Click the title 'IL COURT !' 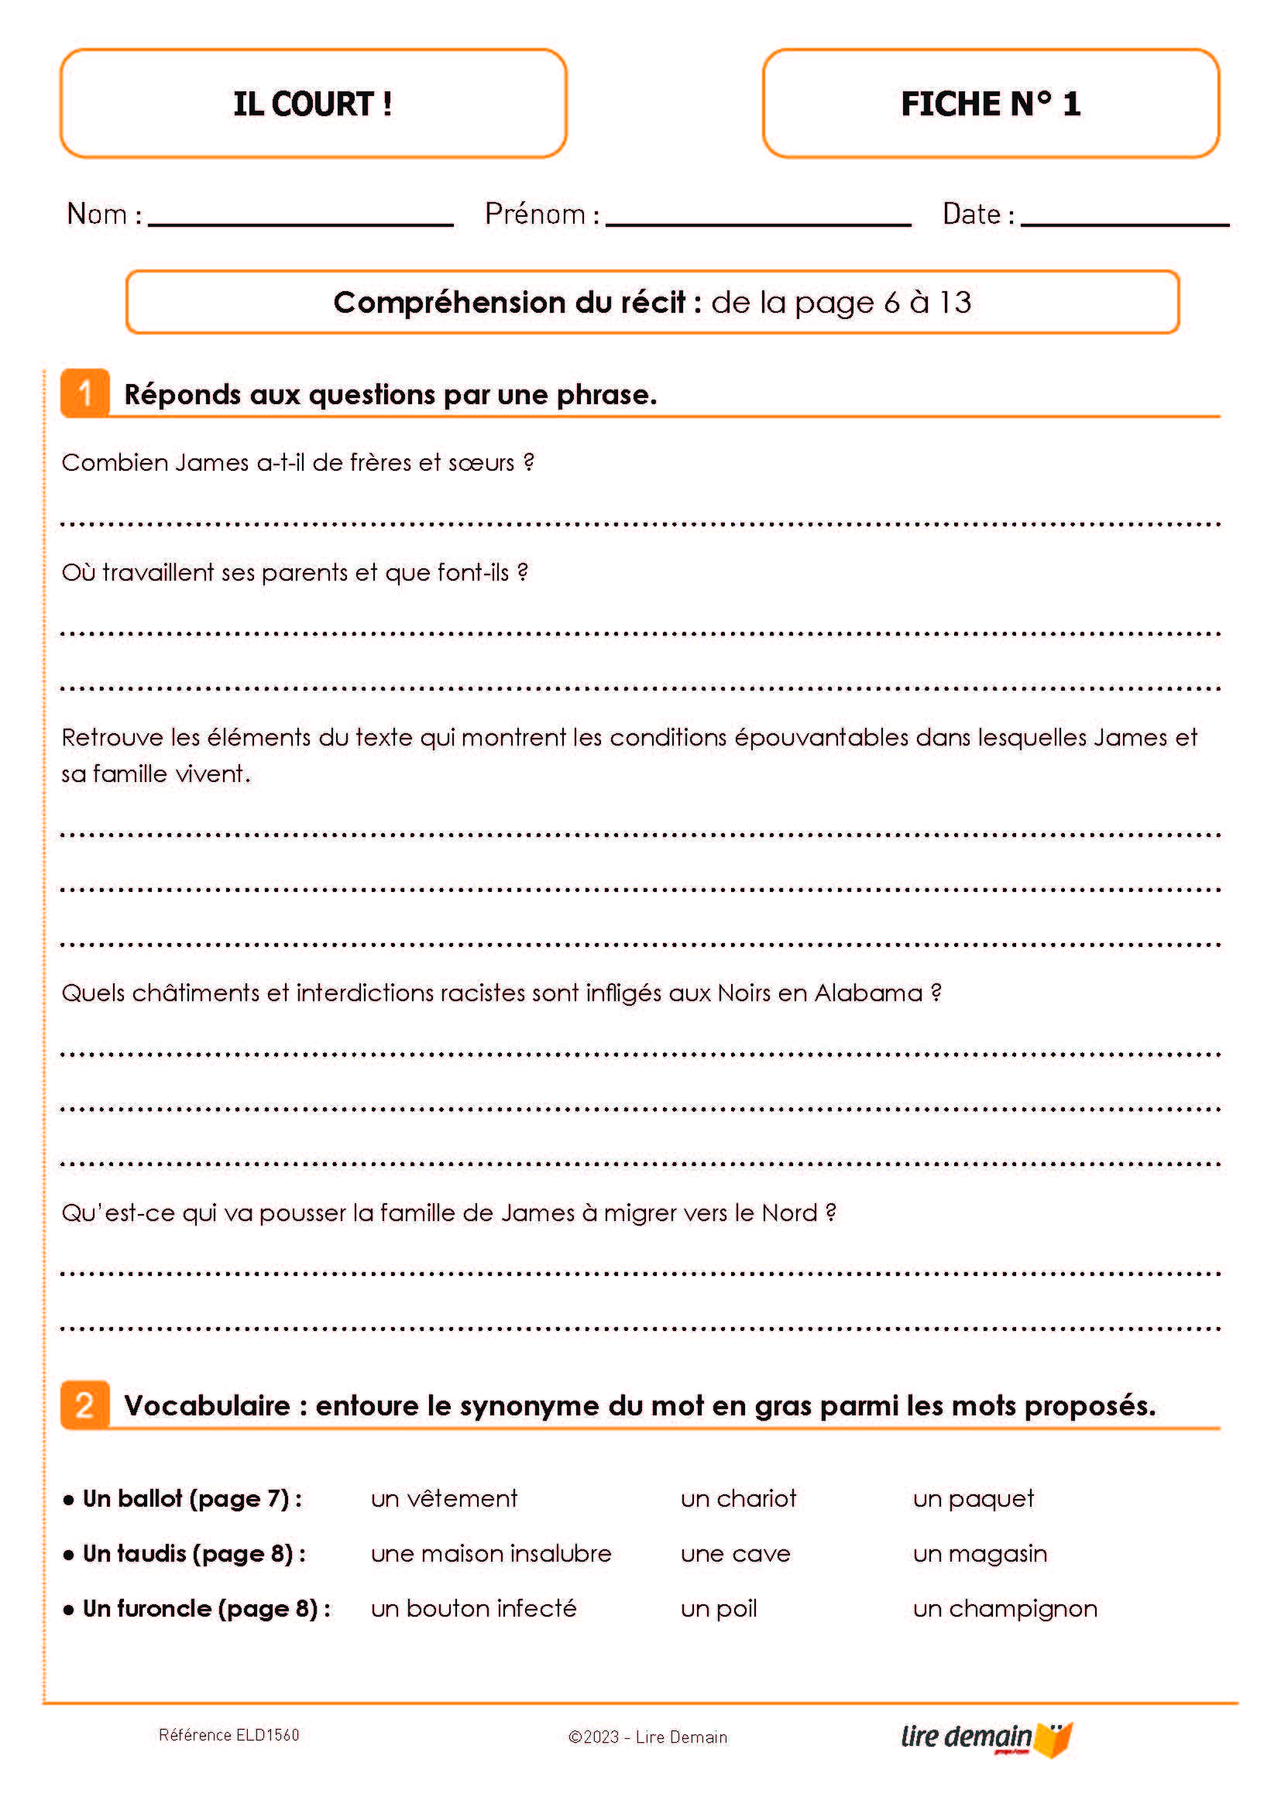click(x=312, y=104)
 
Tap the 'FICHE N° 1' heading click(x=991, y=104)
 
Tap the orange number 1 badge click(x=85, y=393)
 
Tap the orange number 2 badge click(x=85, y=1405)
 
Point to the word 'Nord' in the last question click(x=788, y=1213)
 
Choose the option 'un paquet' click(x=974, y=1499)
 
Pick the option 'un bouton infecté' click(x=474, y=1608)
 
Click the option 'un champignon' click(x=1005, y=1609)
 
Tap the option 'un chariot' click(x=738, y=1499)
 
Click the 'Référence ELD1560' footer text click(x=229, y=1734)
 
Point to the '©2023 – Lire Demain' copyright click(x=647, y=1737)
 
